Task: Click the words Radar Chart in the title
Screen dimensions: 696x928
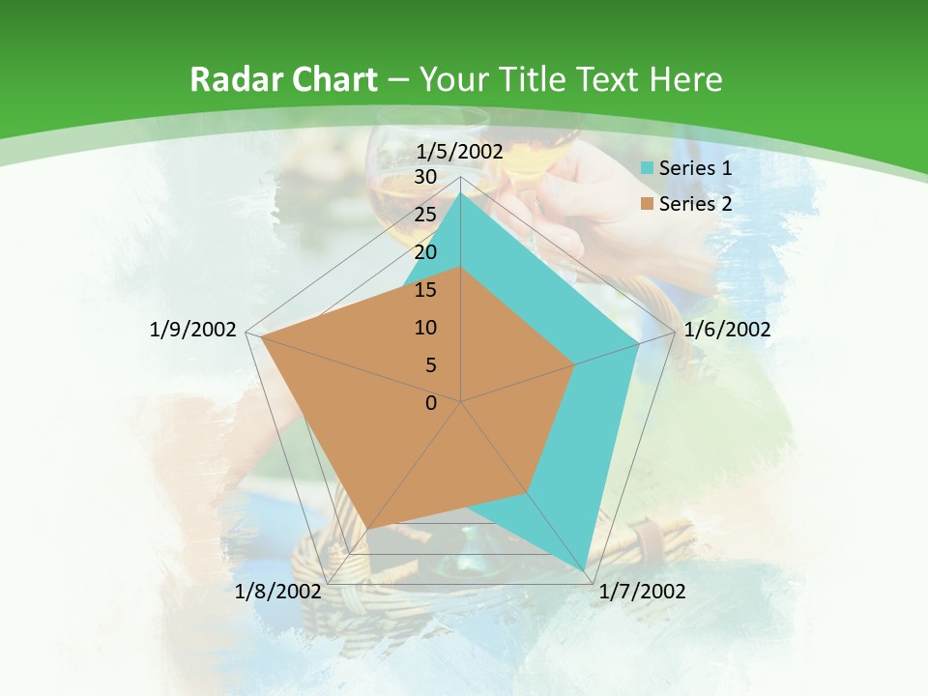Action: [283, 80]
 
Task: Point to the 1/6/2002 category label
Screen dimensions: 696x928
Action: [727, 330]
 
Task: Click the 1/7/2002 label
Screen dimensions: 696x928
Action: [642, 592]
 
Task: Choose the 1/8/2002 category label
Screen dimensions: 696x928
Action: [277, 592]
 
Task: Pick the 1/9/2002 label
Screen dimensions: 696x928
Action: [193, 330]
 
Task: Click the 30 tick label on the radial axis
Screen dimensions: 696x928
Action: [424, 177]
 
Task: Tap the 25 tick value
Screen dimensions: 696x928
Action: [424, 215]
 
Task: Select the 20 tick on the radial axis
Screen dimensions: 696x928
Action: [424, 252]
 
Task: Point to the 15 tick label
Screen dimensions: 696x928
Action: [424, 290]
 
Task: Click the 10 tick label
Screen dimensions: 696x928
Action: [424, 328]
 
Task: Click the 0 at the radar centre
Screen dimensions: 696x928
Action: [431, 403]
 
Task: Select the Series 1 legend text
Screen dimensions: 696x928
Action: [695, 168]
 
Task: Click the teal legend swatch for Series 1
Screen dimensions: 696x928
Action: [648, 168]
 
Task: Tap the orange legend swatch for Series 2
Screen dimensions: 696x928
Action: [648, 204]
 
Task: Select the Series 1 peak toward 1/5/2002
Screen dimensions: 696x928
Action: [461, 193]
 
